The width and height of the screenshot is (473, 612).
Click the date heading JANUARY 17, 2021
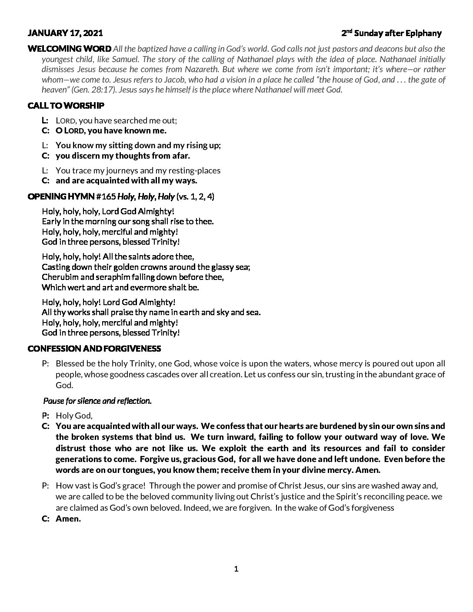coord(65,33)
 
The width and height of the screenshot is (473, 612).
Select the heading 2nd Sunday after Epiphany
coord(391,33)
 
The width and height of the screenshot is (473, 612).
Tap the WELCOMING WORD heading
coord(70,48)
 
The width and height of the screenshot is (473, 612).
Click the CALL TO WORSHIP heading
coord(66,106)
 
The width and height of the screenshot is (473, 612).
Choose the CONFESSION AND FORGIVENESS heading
coord(94,349)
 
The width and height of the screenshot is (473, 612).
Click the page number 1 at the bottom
coord(236,569)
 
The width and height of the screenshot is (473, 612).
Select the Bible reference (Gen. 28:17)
coord(92,90)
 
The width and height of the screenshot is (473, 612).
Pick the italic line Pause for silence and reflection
coord(97,401)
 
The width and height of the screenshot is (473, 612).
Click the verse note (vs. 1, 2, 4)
coord(195,196)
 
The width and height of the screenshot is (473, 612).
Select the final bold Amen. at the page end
coord(68,519)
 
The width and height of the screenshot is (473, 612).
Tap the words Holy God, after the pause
coord(74,416)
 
